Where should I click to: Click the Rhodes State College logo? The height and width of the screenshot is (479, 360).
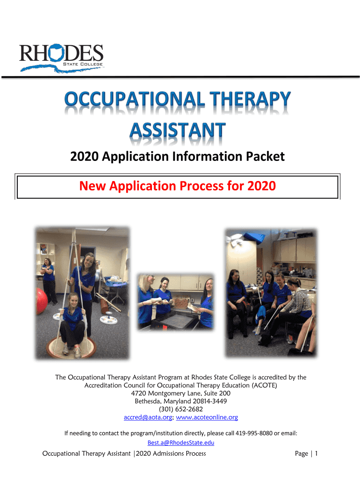click(61, 58)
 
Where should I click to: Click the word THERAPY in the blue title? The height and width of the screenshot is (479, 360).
click(250, 99)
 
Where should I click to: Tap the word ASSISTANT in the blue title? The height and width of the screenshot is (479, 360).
click(178, 130)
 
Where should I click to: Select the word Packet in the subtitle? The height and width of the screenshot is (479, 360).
click(266, 156)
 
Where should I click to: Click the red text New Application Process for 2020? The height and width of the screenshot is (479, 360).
click(177, 186)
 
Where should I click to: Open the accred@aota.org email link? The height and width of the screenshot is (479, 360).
click(148, 417)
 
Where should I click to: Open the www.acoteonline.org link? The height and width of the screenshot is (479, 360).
click(207, 417)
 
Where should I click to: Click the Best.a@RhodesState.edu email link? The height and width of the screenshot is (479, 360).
click(181, 443)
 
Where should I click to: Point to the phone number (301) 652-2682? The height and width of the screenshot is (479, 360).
click(181, 409)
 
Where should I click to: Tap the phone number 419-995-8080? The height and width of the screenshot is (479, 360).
click(254, 433)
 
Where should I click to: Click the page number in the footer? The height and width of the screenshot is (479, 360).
click(317, 454)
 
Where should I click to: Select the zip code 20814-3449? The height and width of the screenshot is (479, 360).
click(210, 401)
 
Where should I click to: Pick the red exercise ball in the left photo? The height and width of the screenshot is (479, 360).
click(41, 301)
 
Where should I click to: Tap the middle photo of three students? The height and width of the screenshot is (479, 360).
click(176, 302)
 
